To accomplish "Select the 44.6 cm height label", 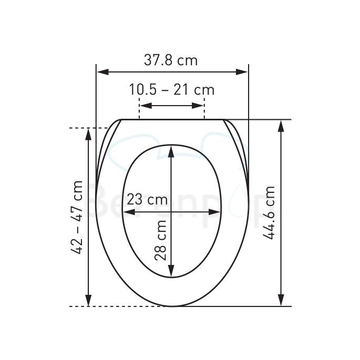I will pyautogui.click(x=270, y=213).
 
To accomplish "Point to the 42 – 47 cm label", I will pyautogui.click(x=77, y=217).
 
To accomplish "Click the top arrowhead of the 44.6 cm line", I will pyautogui.click(x=282, y=125).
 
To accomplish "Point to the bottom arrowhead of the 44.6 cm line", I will pyautogui.click(x=282, y=301).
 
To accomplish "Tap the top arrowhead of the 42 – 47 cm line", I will pyautogui.click(x=88, y=132).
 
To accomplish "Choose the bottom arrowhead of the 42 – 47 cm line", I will pyautogui.click(x=88, y=301).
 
